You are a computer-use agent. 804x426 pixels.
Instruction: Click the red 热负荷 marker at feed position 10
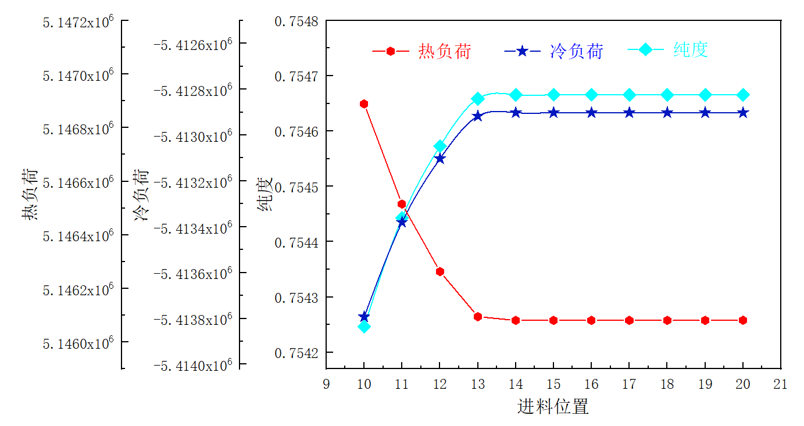[364, 104]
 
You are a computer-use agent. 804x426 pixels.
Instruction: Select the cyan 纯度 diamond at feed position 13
[478, 99]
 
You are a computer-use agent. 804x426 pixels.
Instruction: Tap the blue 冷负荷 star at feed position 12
[440, 158]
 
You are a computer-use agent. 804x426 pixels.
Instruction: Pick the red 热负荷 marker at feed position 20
[743, 320]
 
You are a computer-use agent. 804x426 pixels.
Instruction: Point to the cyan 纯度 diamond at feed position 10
[364, 327]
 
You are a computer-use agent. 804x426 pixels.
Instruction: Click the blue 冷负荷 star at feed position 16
[591, 113]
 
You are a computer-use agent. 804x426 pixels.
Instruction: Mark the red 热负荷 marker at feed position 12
[440, 271]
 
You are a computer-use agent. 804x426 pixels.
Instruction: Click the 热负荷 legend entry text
[444, 51]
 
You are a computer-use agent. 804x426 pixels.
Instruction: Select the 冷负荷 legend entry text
[576, 51]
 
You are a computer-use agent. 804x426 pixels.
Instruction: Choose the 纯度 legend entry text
[691, 50]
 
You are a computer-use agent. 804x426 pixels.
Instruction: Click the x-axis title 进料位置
[553, 406]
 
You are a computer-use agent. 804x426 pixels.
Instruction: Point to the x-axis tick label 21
[781, 384]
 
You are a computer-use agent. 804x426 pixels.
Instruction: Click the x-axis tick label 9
[326, 384]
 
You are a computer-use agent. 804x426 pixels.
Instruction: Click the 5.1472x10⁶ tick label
[78, 23]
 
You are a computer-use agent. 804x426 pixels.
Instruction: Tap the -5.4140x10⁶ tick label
[192, 365]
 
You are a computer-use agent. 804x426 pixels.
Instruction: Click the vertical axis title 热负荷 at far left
[30, 195]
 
